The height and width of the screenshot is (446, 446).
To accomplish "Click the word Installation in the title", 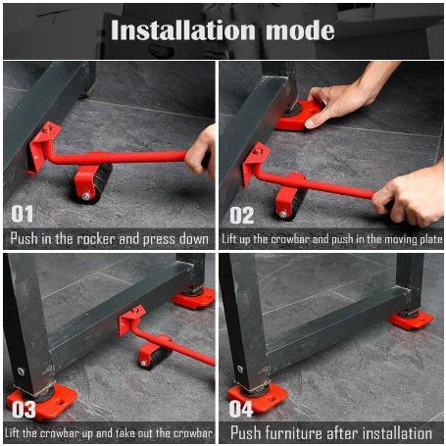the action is [183, 30].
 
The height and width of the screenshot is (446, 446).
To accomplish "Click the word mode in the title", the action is [300, 31].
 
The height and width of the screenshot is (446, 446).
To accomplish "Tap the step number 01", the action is [23, 214].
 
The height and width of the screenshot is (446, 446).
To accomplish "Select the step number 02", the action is [241, 216].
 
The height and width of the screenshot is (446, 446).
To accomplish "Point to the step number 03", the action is [24, 410].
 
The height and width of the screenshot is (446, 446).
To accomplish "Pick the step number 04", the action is [241, 409].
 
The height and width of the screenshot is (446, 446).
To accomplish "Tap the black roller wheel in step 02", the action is [292, 204].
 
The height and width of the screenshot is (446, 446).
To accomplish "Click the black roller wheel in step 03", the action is [156, 357].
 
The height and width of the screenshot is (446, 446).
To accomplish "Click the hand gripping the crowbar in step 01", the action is [201, 152].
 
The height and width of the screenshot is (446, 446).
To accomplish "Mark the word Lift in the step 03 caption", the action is [12, 433].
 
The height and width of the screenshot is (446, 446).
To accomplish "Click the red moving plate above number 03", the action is [43, 401].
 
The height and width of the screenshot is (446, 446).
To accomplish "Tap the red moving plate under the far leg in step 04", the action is [411, 321].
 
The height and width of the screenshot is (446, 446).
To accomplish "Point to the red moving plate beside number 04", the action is [258, 397].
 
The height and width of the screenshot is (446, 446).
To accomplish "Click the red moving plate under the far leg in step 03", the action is [194, 298].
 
